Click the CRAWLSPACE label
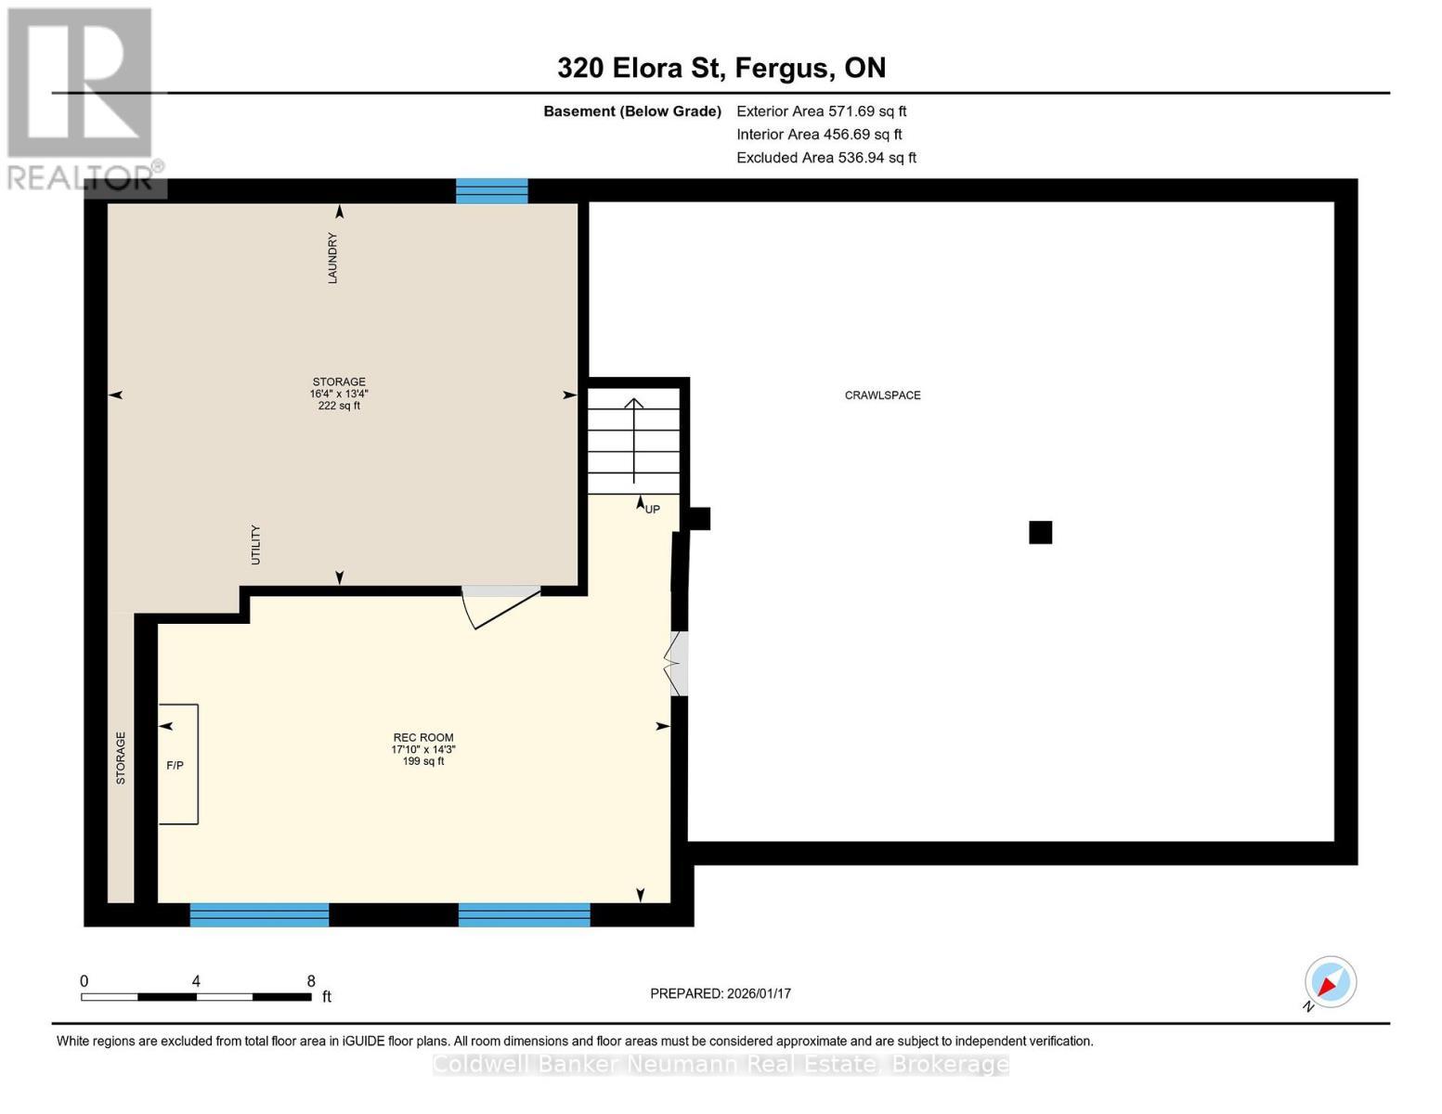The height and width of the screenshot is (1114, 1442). (x=882, y=395)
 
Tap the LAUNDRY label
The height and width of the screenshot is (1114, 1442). (x=332, y=258)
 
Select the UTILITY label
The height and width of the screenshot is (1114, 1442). (x=255, y=545)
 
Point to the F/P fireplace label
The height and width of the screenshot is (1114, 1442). (x=175, y=766)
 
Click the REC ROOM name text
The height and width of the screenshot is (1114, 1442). (x=423, y=738)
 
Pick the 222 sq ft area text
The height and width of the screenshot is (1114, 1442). (x=339, y=406)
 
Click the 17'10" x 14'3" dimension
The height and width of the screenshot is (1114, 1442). (x=423, y=750)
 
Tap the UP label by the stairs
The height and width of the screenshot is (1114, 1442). (x=653, y=510)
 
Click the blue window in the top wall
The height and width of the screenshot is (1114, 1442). (x=492, y=191)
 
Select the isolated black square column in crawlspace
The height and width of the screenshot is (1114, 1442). (x=1041, y=533)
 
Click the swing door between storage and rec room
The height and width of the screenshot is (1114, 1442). (x=501, y=607)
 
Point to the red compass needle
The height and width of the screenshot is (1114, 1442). (x=1328, y=985)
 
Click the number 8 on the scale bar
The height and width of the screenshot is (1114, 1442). (x=310, y=980)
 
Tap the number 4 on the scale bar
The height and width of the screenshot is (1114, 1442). (x=196, y=980)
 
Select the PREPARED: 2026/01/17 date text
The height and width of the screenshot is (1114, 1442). (x=721, y=993)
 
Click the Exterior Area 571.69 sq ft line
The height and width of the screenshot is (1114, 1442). (x=822, y=111)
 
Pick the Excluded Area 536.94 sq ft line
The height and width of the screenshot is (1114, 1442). (x=826, y=158)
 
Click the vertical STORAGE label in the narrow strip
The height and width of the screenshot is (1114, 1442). (x=121, y=758)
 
